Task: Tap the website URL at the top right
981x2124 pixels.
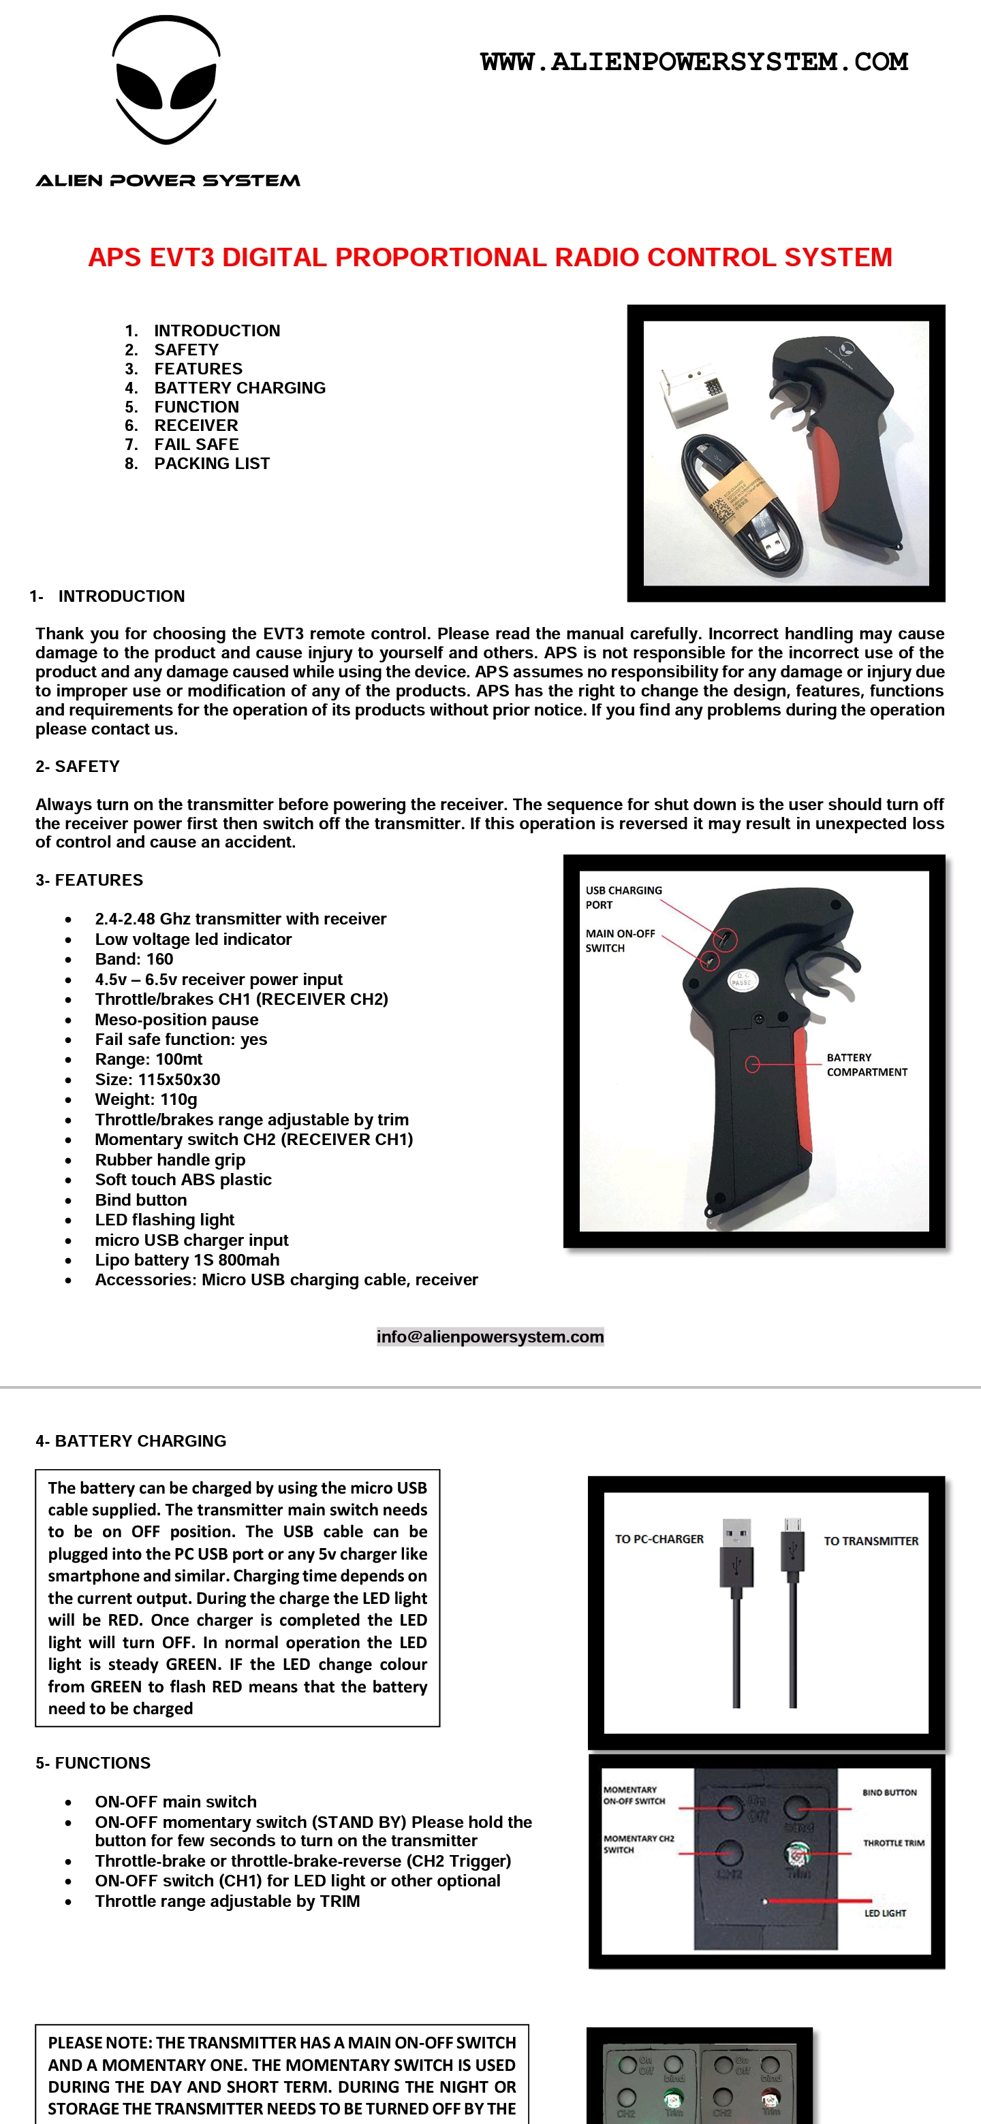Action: click(x=694, y=62)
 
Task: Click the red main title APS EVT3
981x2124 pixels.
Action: click(x=490, y=257)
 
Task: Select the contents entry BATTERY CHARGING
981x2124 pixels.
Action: click(x=239, y=387)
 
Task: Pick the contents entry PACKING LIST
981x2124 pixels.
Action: click(x=211, y=464)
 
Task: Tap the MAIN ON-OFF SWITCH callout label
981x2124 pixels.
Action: click(x=620, y=941)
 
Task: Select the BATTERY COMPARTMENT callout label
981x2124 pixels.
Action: click(x=867, y=1065)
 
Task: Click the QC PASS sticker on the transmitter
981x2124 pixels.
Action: click(x=742, y=980)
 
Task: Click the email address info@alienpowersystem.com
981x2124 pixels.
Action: click(x=490, y=1336)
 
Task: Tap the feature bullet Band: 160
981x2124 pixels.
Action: click(x=134, y=959)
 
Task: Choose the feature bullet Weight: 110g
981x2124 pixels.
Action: click(x=146, y=1099)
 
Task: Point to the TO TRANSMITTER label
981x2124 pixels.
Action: click(x=871, y=1540)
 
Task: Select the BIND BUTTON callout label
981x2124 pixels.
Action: click(x=888, y=1792)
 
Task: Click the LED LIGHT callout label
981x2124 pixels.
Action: click(x=884, y=1913)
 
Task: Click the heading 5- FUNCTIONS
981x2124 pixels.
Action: click(x=93, y=1763)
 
